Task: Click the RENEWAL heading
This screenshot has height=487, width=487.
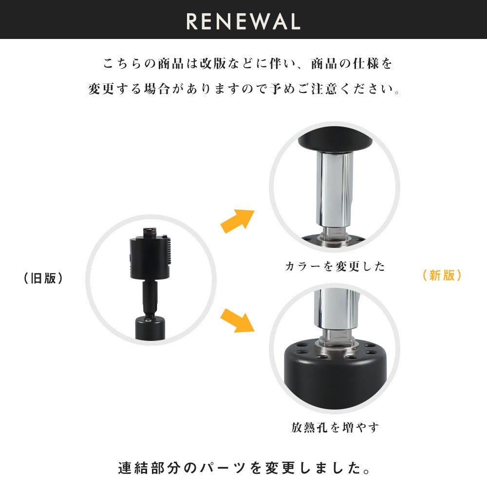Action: pyautogui.click(x=243, y=21)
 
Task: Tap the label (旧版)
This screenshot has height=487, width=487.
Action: pyautogui.click(x=43, y=279)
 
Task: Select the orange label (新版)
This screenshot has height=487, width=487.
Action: pyautogui.click(x=442, y=275)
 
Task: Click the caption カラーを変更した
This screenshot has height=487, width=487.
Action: pyautogui.click(x=335, y=266)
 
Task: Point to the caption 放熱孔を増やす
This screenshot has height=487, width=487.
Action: pyautogui.click(x=335, y=428)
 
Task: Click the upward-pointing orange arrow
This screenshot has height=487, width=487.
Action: pyautogui.click(x=238, y=221)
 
